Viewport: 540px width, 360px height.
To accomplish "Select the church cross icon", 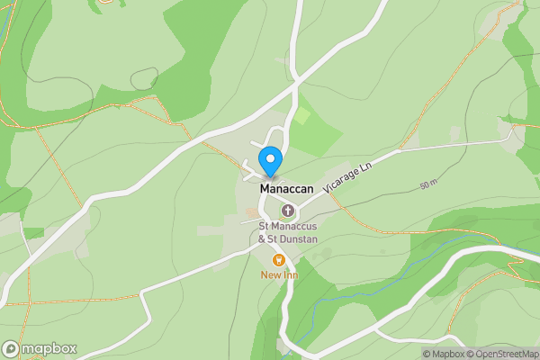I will point(288,211).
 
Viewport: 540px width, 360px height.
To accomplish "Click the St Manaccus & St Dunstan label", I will point(288,232).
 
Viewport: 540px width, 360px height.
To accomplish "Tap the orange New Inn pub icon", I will point(278,260).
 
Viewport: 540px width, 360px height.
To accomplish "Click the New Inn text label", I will point(278,274).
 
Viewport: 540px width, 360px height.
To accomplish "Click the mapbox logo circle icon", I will point(12,348).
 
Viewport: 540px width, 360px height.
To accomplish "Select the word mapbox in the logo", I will point(49,348).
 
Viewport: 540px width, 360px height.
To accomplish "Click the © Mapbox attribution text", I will point(444,354).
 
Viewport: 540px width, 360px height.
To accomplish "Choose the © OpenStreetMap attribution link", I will point(502,354).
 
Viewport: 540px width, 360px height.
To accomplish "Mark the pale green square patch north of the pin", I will point(302,115).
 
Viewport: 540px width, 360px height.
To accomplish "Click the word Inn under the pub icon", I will point(289,274).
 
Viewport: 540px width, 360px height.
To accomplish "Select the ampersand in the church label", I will point(262,239).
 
